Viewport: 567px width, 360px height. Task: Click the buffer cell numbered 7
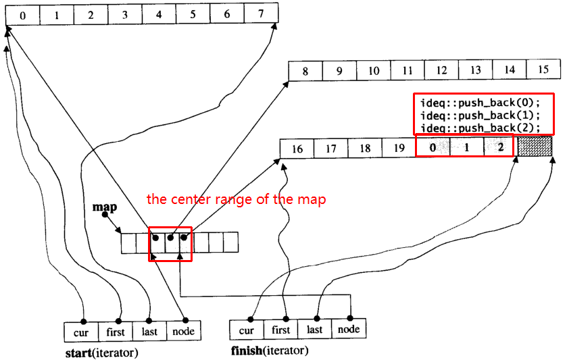click(261, 14)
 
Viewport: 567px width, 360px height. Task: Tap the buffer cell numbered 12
click(441, 70)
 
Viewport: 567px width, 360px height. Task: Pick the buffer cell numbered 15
click(543, 69)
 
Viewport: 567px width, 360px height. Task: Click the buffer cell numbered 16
click(297, 149)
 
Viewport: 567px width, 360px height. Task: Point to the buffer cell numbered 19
click(399, 148)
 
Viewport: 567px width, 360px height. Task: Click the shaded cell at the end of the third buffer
click(535, 146)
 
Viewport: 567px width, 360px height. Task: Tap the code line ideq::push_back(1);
click(480, 115)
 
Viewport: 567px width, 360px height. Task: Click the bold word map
click(105, 207)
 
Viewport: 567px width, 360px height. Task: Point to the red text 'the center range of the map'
click(236, 199)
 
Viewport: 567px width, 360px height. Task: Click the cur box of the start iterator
click(81, 332)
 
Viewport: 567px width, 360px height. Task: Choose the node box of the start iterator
click(184, 331)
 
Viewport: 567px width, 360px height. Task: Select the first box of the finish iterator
click(280, 330)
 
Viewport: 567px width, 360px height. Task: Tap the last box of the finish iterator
click(314, 329)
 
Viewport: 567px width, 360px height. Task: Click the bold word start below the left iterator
click(78, 353)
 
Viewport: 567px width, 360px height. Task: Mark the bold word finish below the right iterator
click(247, 351)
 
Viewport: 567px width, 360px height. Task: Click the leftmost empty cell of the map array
click(128, 243)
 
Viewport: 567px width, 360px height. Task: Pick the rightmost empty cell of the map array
click(230, 242)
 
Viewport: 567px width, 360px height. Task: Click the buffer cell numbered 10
click(374, 70)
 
